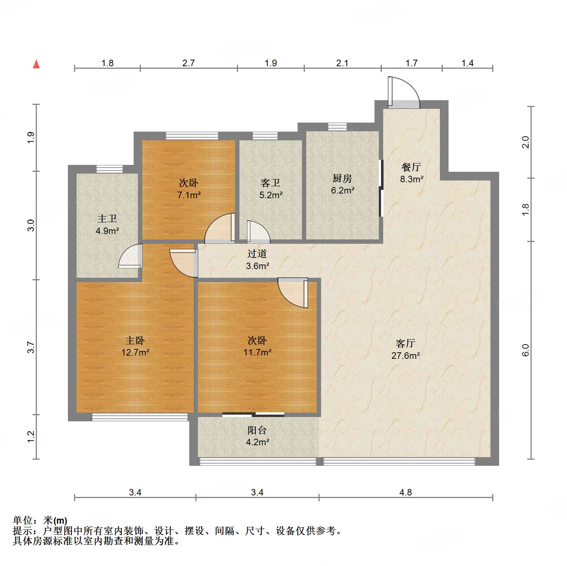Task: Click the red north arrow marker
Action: [x=36, y=64]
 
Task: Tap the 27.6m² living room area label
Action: [x=405, y=356]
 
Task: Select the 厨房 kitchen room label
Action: [x=342, y=178]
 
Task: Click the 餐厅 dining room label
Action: [x=411, y=167]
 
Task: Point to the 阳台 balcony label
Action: [x=257, y=430]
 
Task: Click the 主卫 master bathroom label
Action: [x=107, y=218]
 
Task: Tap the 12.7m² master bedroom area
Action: [x=135, y=352]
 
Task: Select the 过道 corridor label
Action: [x=257, y=254]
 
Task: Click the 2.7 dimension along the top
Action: [x=188, y=63]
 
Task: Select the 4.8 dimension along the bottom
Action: [x=405, y=492]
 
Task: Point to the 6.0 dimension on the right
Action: [x=525, y=350]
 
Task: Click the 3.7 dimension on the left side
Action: [x=31, y=347]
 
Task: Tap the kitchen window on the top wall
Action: [x=337, y=127]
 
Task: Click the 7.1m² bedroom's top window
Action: [x=192, y=136]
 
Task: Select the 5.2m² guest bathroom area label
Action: [x=270, y=195]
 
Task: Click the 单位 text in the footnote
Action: [x=23, y=520]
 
